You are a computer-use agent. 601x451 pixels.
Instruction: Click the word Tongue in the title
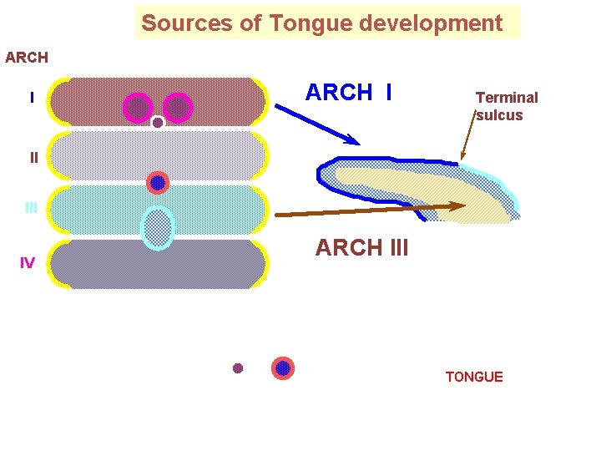point(300,23)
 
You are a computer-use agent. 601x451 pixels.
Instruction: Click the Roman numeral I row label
point(32,99)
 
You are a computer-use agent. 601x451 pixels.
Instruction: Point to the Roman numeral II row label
point(33,157)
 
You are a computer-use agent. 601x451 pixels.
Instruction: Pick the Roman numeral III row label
point(31,208)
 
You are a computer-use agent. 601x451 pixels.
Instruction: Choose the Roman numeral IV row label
point(28,263)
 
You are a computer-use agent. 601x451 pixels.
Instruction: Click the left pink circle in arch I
point(138,107)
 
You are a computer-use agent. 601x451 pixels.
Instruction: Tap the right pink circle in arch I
point(179,107)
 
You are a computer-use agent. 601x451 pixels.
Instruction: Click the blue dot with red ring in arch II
point(158,182)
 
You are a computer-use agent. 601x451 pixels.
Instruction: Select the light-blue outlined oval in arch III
point(158,227)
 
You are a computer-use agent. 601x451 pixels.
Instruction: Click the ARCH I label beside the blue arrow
point(348,93)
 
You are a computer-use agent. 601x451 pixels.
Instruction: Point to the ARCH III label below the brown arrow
point(361,248)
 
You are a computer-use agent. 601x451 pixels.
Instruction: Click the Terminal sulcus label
point(506,106)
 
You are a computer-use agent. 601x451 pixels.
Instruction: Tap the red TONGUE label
point(474,378)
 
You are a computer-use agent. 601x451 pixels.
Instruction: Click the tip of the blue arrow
point(359,143)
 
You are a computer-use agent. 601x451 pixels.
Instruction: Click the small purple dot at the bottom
point(238,368)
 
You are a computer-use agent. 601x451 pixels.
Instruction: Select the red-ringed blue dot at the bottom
point(283,368)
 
